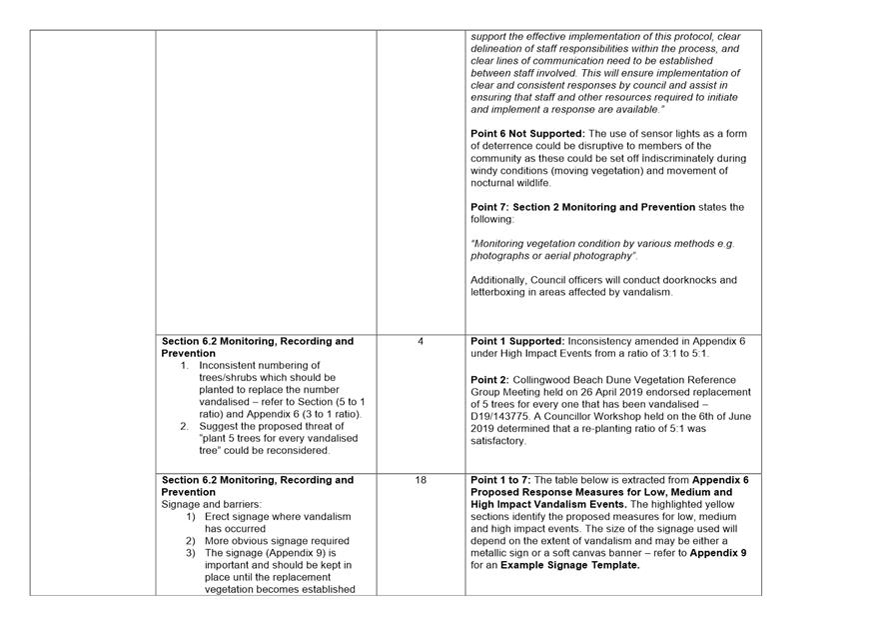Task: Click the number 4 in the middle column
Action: [421, 342]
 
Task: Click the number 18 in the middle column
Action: [421, 480]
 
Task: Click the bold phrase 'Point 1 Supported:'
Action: [517, 342]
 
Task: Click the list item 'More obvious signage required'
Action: [277, 541]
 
